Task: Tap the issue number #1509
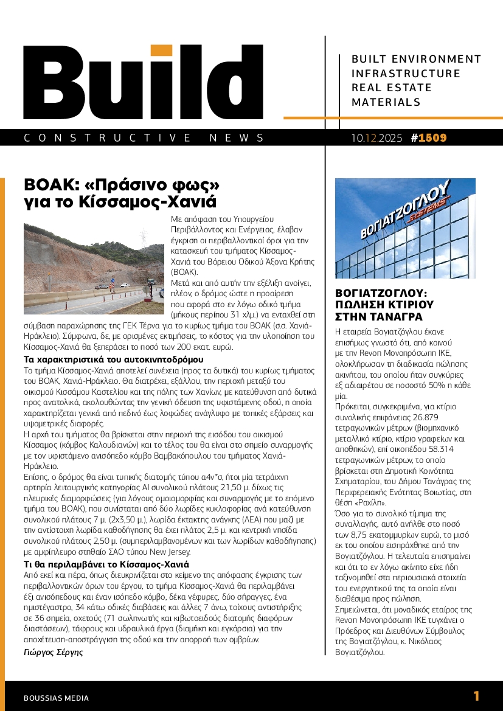tap(429, 138)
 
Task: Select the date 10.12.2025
tap(376, 138)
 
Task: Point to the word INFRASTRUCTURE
tap(406, 74)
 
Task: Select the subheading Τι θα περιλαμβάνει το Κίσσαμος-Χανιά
tap(106, 564)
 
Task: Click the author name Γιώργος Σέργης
tap(54, 653)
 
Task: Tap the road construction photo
tap(94, 269)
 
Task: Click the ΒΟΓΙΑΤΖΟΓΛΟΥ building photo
tap(405, 228)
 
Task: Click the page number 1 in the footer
tap(476, 696)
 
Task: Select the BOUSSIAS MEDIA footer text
tap(56, 698)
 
